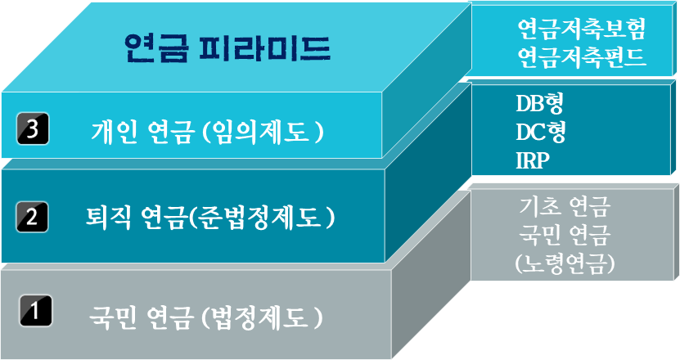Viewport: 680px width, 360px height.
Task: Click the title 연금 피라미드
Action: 227,48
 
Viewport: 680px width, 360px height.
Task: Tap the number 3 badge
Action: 34,130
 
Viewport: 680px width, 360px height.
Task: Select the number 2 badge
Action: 31,218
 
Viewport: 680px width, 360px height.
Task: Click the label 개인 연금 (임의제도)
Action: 207,131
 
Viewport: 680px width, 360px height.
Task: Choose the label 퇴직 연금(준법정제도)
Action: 210,218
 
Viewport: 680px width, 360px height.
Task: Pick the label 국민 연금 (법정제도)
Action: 205,315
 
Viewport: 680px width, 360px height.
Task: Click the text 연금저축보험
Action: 582,30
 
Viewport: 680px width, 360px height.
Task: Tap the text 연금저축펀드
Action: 582,57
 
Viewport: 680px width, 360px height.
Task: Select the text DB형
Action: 540,103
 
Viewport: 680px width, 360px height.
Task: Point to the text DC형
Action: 541,131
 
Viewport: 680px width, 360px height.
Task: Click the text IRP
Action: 533,159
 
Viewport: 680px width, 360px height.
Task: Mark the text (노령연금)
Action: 565,263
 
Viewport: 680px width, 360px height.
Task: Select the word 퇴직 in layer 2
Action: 110,218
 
